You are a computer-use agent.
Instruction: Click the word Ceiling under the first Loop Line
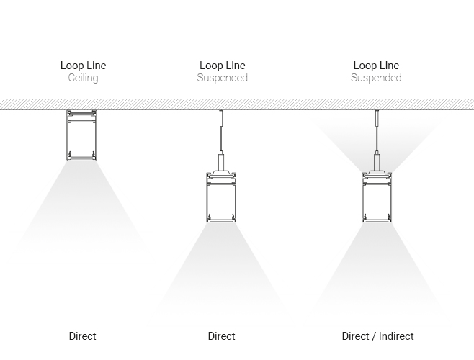83,78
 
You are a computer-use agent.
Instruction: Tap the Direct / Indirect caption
377,336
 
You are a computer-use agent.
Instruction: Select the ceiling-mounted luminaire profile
83,135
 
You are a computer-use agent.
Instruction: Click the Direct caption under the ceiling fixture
83,336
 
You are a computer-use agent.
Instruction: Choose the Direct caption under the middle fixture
222,336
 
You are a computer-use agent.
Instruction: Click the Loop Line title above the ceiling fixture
83,66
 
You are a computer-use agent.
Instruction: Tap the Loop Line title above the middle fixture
222,66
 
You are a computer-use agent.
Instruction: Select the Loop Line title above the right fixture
376,66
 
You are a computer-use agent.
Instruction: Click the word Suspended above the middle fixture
222,78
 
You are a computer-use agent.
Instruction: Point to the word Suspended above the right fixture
376,78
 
